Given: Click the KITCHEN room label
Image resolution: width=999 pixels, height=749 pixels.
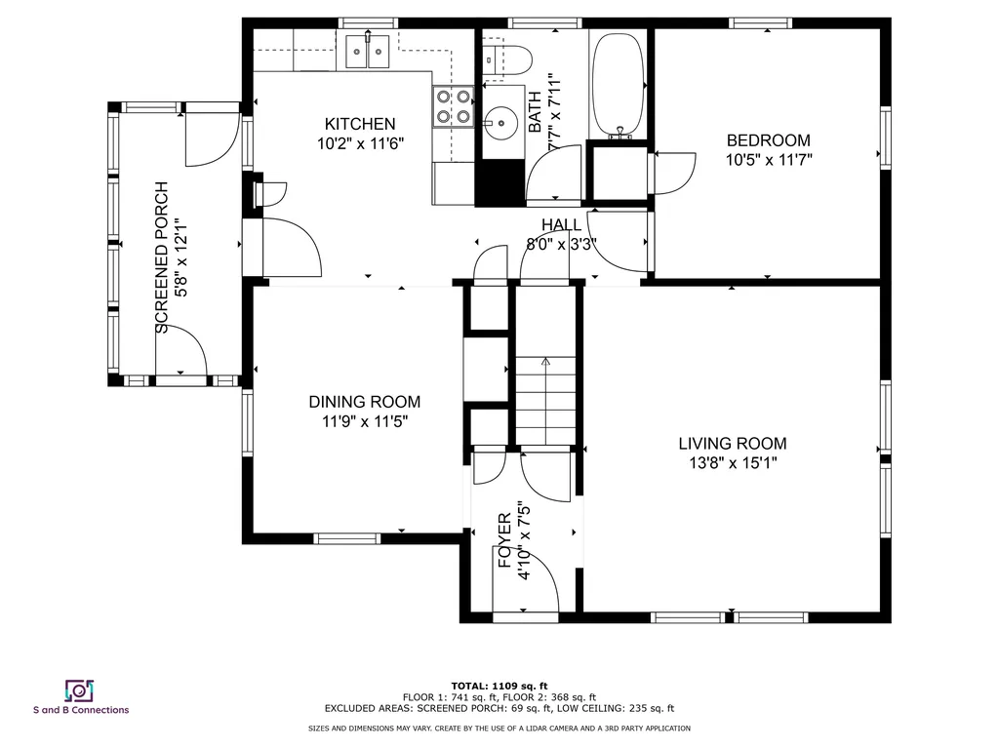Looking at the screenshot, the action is click(360, 124).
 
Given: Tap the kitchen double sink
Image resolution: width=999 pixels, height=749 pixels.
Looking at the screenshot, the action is click(368, 52).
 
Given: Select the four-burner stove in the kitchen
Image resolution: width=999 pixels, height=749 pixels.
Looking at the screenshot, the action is click(453, 107).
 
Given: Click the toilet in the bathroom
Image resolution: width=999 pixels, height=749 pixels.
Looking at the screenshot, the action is click(507, 59).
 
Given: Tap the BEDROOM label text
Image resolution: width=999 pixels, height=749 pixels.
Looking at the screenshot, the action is click(769, 140).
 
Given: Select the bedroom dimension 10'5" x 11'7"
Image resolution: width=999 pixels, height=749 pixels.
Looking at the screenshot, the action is click(769, 160).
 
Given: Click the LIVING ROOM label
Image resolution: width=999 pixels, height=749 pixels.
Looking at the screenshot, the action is click(732, 444).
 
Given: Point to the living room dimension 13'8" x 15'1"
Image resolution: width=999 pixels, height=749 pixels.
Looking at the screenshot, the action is click(732, 463).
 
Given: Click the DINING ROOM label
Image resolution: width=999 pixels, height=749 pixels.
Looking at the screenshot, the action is click(365, 402).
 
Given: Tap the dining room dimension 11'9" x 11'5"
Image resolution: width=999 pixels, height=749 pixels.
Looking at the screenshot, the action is click(365, 421).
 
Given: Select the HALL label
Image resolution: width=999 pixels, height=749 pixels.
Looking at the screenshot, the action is click(561, 225).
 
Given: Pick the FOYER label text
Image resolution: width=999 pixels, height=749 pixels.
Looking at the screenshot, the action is click(504, 540).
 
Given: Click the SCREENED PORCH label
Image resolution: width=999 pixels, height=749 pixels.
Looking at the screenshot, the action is click(162, 257).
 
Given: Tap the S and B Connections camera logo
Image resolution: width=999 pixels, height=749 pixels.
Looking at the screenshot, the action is click(80, 691).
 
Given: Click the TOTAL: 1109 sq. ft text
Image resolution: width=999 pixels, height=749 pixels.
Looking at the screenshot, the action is click(499, 686).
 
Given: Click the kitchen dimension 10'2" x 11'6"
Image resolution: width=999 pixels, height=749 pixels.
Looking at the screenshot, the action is click(361, 144).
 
